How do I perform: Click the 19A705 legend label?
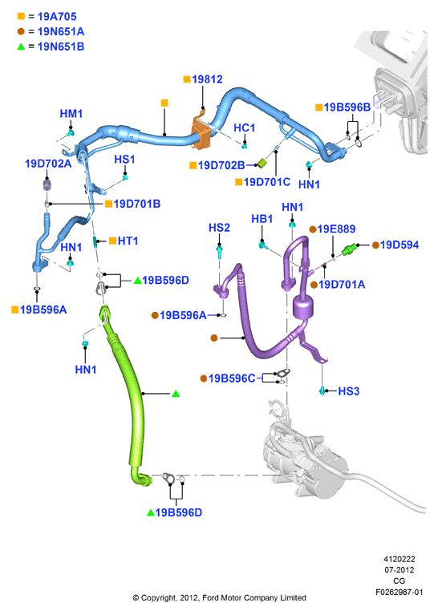click(57, 17)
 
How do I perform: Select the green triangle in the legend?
click(21, 47)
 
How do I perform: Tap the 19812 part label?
click(207, 79)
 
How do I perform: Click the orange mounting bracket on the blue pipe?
click(201, 132)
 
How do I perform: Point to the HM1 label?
click(71, 114)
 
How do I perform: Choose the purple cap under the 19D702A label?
click(47, 184)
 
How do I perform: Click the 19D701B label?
click(137, 204)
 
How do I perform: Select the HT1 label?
click(128, 241)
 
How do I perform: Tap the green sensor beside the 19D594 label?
click(349, 249)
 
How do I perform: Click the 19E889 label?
click(336, 229)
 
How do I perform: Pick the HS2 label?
click(219, 228)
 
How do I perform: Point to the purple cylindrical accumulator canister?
click(303, 307)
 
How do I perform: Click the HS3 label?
click(349, 391)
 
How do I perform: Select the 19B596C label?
click(232, 378)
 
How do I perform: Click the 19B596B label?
click(347, 107)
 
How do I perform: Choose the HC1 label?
click(244, 127)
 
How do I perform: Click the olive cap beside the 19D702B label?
click(262, 163)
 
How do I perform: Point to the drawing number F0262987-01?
click(399, 593)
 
